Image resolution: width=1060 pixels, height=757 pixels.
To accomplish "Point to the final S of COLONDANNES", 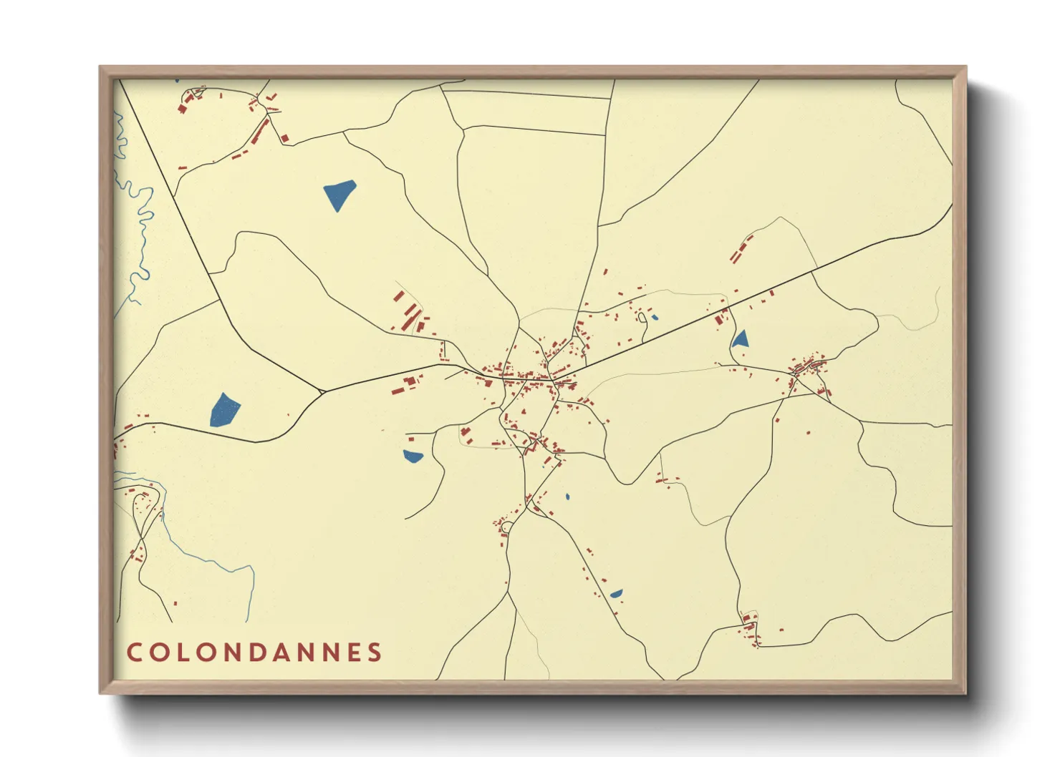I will [x=374, y=653].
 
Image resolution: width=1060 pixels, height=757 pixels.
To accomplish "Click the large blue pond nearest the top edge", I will [x=339, y=194].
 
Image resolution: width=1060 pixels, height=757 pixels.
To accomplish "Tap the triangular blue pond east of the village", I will [x=740, y=338].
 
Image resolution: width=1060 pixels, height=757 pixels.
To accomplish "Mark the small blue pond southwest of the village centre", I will [x=413, y=456].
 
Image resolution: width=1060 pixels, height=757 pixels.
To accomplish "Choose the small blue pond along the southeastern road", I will [x=615, y=593].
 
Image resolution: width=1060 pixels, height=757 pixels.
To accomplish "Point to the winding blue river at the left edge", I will [x=136, y=215].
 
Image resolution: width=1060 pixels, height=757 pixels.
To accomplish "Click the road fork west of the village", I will [x=322, y=391].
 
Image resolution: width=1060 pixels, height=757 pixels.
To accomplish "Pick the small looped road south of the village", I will [x=506, y=528].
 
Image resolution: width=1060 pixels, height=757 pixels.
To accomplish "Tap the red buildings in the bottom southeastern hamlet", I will [x=750, y=628].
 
